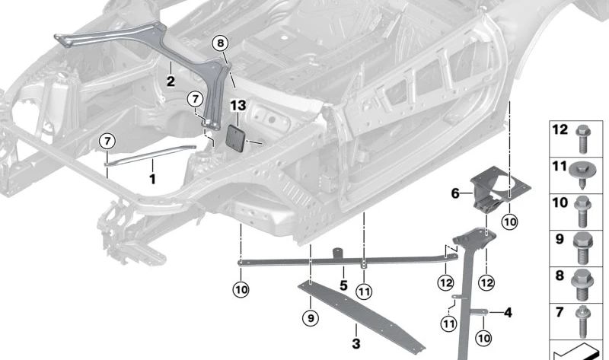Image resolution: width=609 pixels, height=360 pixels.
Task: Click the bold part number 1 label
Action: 151,179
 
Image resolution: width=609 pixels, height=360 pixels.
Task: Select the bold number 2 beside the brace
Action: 171,80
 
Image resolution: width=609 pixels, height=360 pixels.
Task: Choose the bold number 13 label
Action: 238,104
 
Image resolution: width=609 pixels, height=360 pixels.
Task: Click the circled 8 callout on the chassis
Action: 220,44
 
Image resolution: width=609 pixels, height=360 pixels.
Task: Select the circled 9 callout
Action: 311,317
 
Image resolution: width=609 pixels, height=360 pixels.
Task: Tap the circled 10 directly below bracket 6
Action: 509,221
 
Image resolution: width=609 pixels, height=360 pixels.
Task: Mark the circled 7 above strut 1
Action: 107,141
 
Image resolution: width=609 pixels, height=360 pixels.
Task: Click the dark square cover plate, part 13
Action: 238,139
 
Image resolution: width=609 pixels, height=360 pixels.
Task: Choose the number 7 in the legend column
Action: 559,313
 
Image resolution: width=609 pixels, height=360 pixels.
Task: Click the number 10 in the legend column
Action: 560,202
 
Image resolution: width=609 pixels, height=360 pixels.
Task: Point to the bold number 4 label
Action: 509,311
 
